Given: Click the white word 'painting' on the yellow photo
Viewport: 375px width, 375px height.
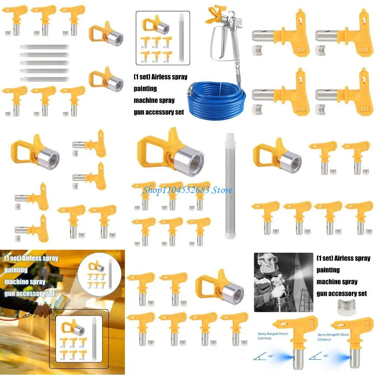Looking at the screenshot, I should [x=16, y=270].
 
